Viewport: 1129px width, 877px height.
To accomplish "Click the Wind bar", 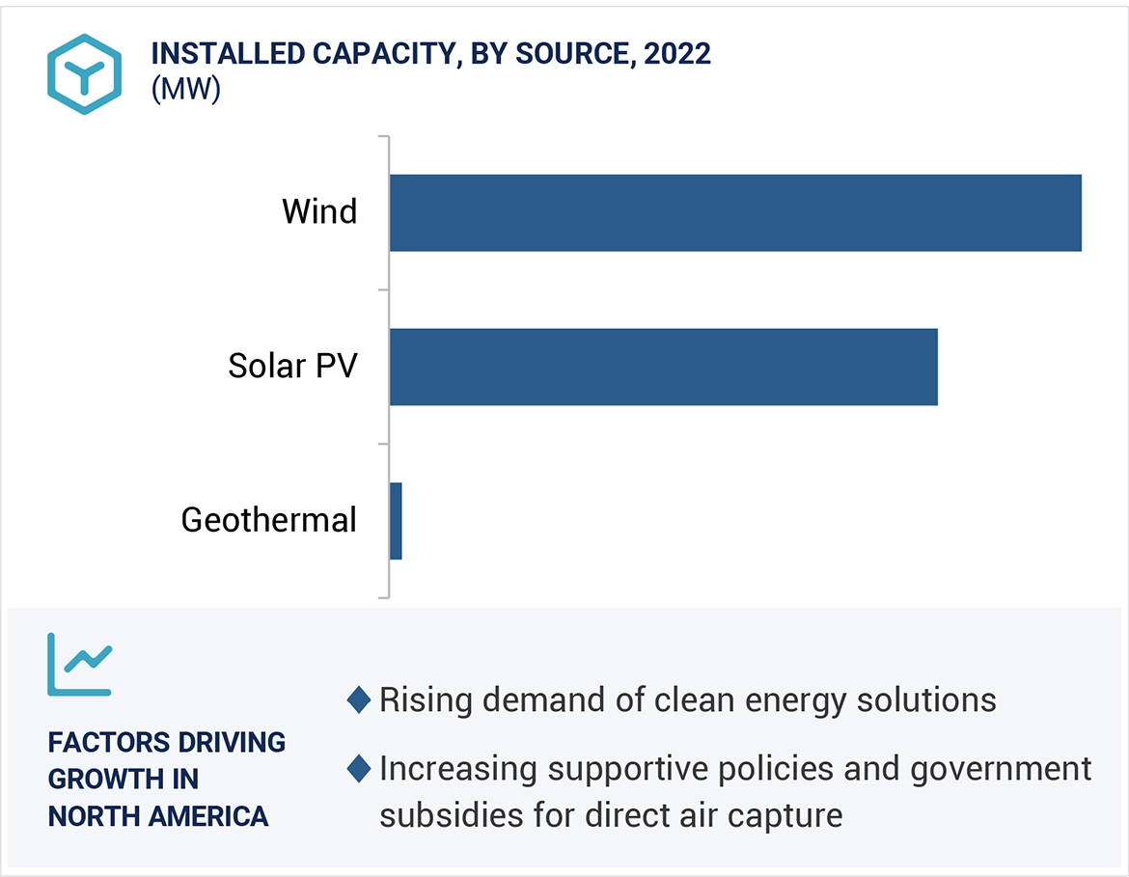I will click(735, 212).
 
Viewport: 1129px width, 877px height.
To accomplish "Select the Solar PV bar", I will click(664, 367).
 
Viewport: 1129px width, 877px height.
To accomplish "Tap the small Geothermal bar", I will click(396, 521).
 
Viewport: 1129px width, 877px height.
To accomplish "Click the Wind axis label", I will click(319, 211).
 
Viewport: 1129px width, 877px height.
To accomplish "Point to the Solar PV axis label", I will click(292, 366).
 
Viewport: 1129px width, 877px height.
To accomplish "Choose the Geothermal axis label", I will click(269, 520).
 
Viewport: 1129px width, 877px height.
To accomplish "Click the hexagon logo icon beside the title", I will click(84, 74).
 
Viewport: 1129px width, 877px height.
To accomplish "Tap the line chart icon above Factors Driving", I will click(79, 665).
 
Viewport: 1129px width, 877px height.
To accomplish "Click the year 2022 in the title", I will click(677, 54).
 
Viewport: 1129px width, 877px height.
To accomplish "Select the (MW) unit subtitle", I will click(186, 90).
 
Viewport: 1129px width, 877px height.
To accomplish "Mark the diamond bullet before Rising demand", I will click(359, 699).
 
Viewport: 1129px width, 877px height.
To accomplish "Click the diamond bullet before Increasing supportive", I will click(359, 769).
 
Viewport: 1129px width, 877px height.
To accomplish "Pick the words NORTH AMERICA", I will click(158, 816).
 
